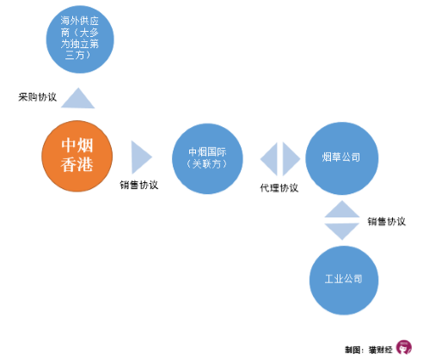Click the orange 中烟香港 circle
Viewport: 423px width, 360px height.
click(77, 156)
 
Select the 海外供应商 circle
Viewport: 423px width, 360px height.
click(80, 40)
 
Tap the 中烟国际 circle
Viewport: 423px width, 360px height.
click(207, 159)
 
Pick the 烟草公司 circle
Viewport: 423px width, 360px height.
click(342, 158)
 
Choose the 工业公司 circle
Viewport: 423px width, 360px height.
click(344, 280)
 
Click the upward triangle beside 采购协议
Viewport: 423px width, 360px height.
click(78, 98)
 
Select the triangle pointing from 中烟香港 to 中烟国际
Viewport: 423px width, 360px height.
click(142, 157)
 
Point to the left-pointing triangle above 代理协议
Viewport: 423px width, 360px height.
click(269, 159)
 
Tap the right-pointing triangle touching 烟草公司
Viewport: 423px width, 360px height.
click(291, 159)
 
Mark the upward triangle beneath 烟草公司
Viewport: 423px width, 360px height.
click(342, 210)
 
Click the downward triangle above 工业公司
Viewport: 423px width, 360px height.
click(342, 231)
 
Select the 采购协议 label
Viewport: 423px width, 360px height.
click(37, 97)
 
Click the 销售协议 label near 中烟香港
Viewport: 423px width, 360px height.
click(139, 185)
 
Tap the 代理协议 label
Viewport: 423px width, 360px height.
click(279, 188)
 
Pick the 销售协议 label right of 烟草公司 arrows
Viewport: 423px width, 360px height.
click(387, 222)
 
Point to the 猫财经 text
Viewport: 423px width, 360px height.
click(380, 350)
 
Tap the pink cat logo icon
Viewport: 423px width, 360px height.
click(404, 347)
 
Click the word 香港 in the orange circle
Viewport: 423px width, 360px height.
click(77, 165)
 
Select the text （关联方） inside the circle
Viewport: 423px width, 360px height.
click(207, 164)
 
